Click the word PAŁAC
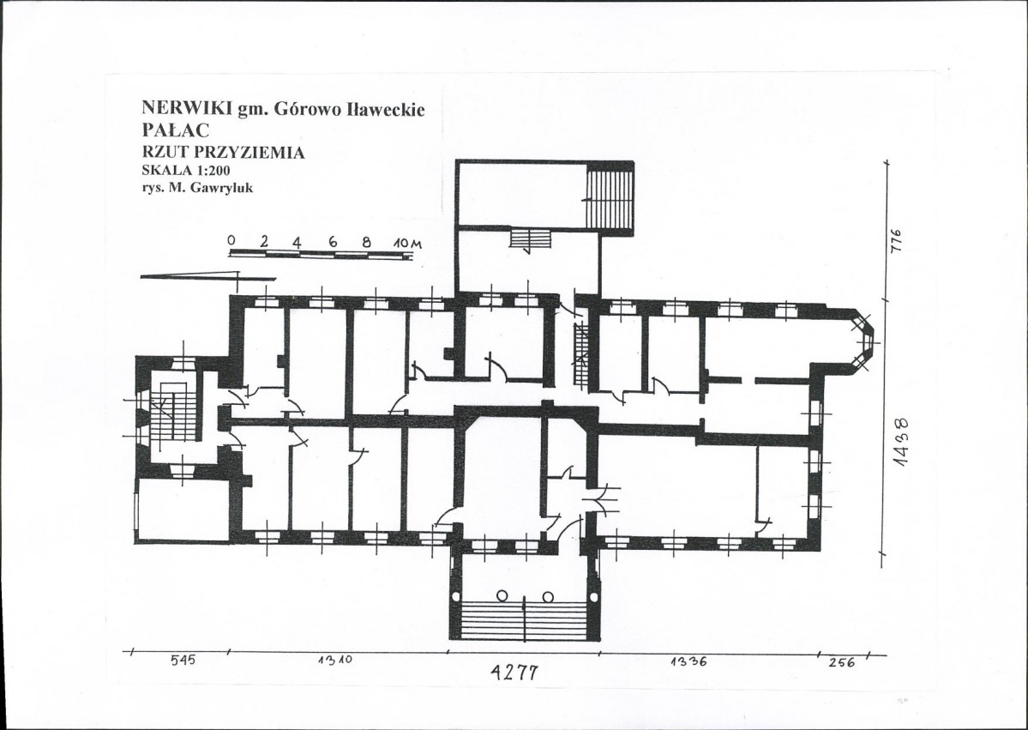pos(175,130)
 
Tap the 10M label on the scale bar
pos(408,244)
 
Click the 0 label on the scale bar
pos(231,241)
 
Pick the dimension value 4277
pos(514,672)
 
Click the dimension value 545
pos(183,661)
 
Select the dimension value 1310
pos(335,661)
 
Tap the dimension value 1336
pos(688,661)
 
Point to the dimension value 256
pos(842,662)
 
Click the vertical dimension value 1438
pos(903,442)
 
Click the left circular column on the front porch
pos(502,596)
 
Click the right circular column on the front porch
pos(548,596)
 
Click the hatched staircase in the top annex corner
pos(609,199)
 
